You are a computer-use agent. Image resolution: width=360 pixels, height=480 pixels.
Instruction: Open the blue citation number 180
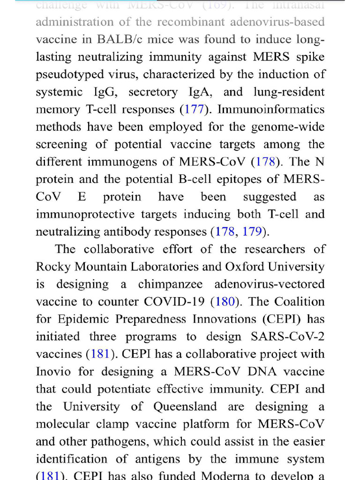225,301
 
